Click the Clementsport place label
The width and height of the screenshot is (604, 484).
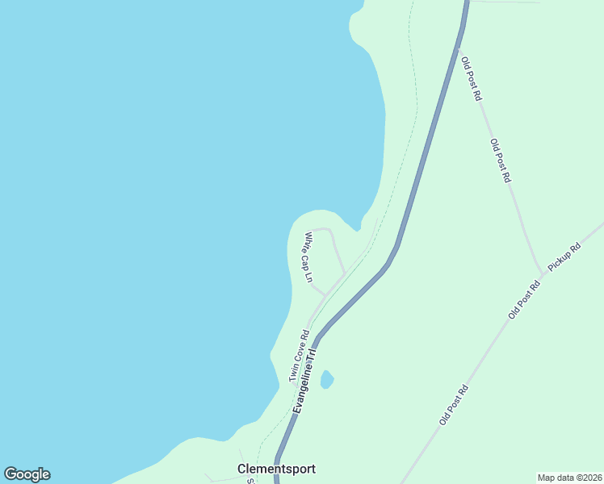[x=276, y=469]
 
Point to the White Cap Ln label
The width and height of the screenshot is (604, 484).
[x=308, y=257]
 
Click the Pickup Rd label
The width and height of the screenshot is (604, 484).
[x=564, y=257]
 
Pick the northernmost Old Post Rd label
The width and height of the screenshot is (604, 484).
[x=471, y=78]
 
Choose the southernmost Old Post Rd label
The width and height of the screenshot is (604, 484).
[x=454, y=405]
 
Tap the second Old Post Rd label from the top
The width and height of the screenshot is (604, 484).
[x=501, y=160]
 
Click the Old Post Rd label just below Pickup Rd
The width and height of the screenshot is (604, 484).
[x=524, y=299]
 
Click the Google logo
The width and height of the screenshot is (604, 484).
[x=27, y=474]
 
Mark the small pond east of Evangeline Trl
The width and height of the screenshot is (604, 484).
[x=326, y=379]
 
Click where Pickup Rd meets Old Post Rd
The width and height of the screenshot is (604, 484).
[x=542, y=273]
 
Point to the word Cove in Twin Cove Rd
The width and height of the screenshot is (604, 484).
[x=299, y=356]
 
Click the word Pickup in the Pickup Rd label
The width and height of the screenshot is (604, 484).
[x=560, y=261]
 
